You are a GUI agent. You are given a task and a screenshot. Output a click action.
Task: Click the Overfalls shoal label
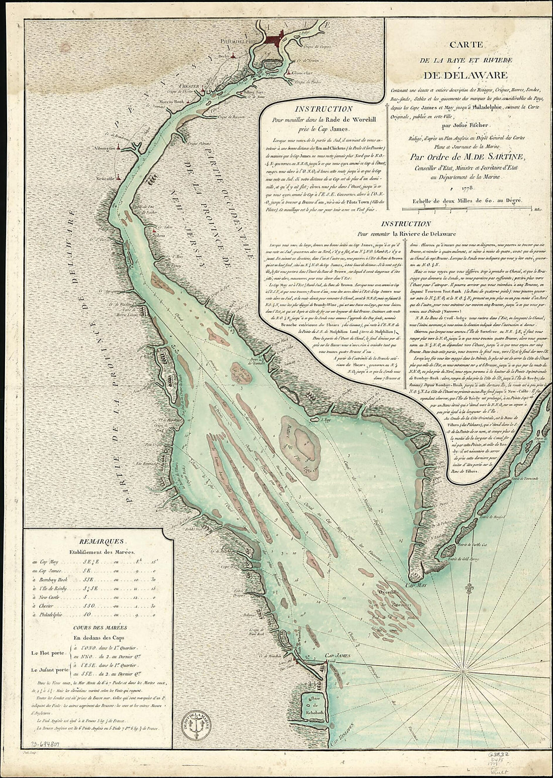click(x=389, y=592)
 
